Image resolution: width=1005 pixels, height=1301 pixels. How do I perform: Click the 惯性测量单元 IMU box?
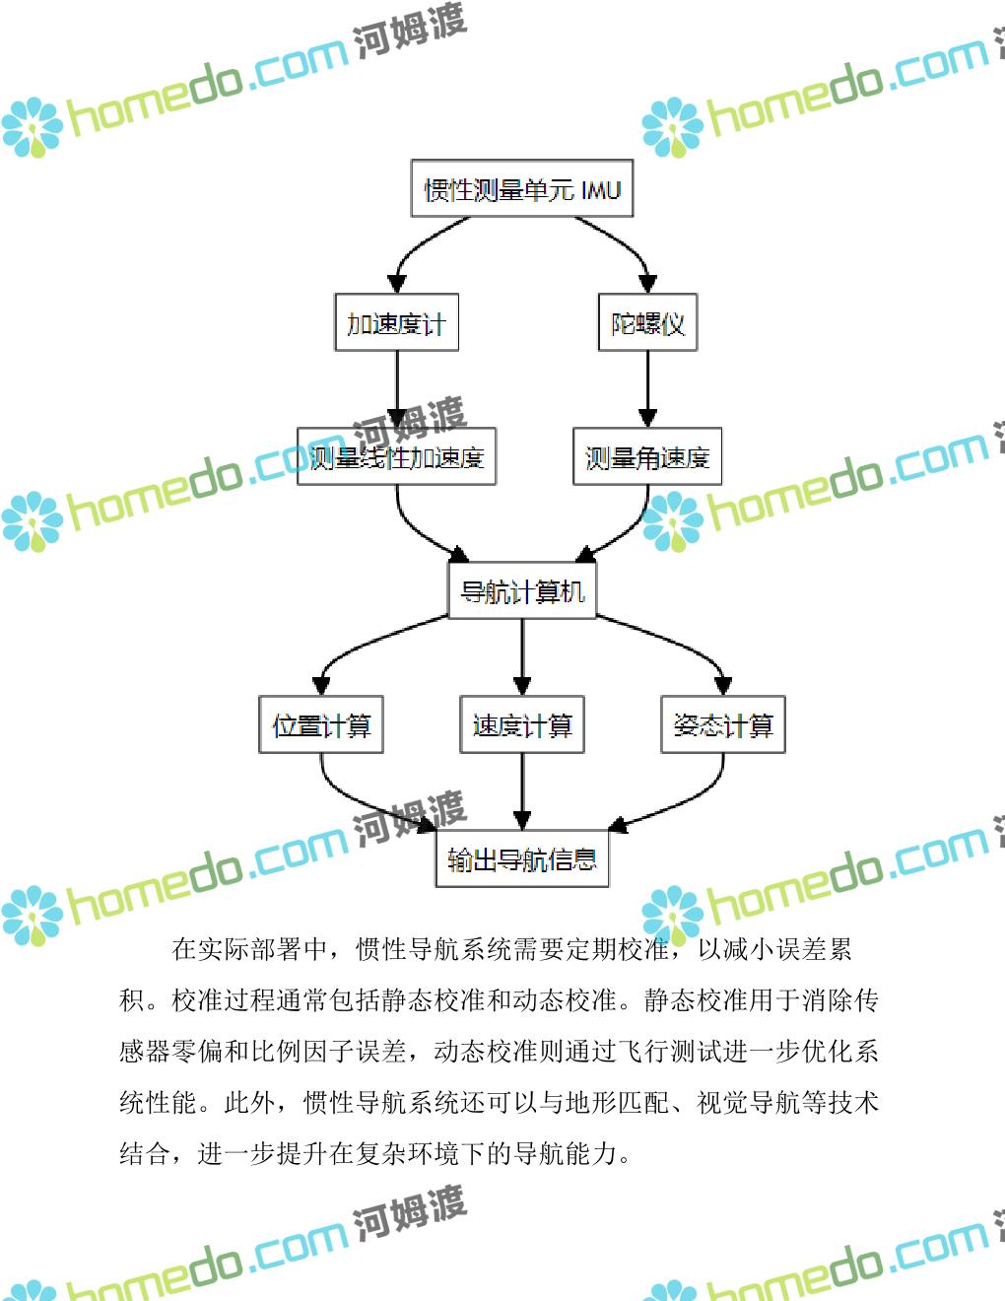click(521, 189)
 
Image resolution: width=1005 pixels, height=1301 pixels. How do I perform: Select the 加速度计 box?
click(396, 322)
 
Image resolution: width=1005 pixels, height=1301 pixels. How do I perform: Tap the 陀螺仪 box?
click(647, 322)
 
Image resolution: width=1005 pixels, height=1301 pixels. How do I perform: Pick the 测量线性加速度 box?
click(396, 456)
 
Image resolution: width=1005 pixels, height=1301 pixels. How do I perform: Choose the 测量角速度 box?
click(647, 456)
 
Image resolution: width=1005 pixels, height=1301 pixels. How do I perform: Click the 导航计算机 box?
click(522, 590)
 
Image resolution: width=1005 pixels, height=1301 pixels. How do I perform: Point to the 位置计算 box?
click(321, 725)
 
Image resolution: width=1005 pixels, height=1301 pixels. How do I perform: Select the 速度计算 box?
click(522, 725)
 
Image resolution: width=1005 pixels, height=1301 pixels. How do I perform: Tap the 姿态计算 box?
click(723, 725)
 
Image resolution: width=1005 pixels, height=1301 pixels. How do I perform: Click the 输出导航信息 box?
click(522, 859)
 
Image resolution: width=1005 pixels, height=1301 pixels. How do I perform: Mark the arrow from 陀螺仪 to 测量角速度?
click(647, 388)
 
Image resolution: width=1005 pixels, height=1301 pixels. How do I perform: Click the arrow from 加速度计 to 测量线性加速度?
click(397, 388)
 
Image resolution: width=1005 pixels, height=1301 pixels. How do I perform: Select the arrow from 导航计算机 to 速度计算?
click(522, 656)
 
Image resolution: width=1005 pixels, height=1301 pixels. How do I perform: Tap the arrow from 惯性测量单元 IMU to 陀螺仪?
click(621, 241)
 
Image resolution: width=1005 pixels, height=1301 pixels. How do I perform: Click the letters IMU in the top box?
click(600, 189)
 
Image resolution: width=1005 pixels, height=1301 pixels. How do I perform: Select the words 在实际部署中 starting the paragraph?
click(250, 949)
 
